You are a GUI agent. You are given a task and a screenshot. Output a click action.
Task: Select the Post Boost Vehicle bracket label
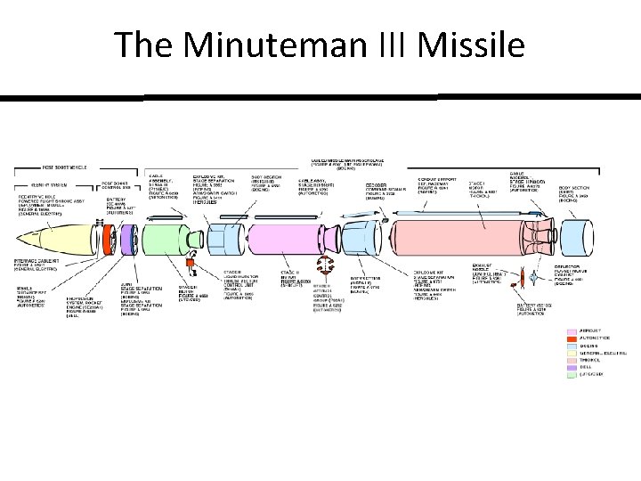tap(68, 167)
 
